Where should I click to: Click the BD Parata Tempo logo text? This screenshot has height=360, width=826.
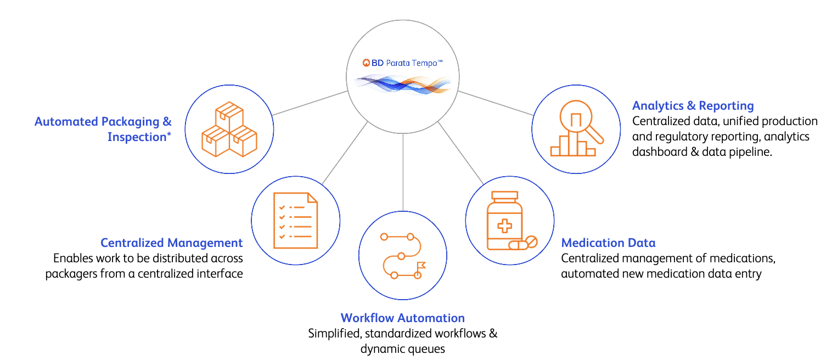click(x=403, y=63)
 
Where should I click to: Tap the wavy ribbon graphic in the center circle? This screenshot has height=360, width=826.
click(x=403, y=85)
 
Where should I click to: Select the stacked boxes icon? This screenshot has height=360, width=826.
click(x=229, y=129)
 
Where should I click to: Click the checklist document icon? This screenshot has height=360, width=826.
click(x=296, y=221)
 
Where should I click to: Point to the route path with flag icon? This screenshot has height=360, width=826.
click(x=403, y=256)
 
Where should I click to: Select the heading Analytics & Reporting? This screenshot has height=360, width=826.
click(x=693, y=106)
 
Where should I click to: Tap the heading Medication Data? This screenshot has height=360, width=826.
click(x=608, y=243)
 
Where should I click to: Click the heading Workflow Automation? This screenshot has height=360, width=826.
click(x=403, y=318)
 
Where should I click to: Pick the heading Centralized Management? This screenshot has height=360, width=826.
click(x=171, y=243)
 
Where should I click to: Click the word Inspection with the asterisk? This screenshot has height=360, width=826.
click(x=139, y=137)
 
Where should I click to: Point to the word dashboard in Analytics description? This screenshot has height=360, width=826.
click(x=660, y=152)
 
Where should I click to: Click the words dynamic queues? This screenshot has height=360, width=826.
click(x=403, y=349)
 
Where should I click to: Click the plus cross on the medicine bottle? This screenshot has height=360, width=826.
click(x=505, y=226)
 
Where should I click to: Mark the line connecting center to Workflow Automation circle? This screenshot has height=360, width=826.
click(x=403, y=172)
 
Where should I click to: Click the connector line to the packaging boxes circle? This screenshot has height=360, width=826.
click(x=310, y=103)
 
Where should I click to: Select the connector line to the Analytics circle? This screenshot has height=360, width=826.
click(x=496, y=103)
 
